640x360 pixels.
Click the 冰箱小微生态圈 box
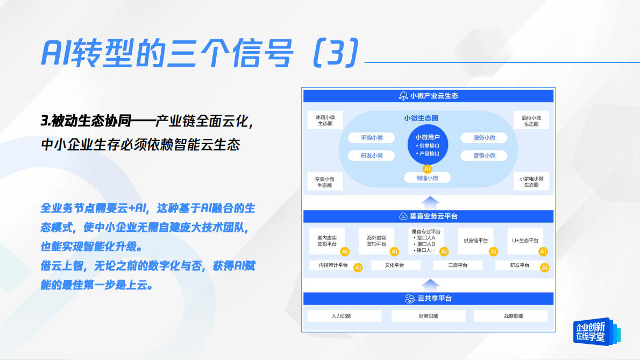click(x=325, y=120)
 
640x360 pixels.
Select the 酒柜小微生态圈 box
click(x=531, y=120)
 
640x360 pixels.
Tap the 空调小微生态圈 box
click(x=325, y=182)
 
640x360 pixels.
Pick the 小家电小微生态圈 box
click(x=531, y=182)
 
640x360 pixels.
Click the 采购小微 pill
click(x=372, y=138)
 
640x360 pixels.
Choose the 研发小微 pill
click(x=372, y=156)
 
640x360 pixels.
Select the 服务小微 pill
click(x=484, y=138)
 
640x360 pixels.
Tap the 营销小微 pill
click(x=484, y=156)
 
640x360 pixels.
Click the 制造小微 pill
click(x=428, y=178)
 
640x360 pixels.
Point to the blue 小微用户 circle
click(x=428, y=144)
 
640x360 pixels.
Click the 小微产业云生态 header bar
click(x=428, y=96)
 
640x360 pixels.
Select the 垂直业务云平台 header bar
click(x=428, y=216)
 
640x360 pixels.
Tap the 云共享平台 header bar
click(x=428, y=299)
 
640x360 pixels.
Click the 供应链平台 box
click(x=475, y=241)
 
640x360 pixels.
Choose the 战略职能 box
click(x=510, y=316)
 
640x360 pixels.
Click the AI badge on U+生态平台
click(x=543, y=251)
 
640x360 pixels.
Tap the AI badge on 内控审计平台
click(x=358, y=267)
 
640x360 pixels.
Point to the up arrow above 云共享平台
click(x=429, y=284)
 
